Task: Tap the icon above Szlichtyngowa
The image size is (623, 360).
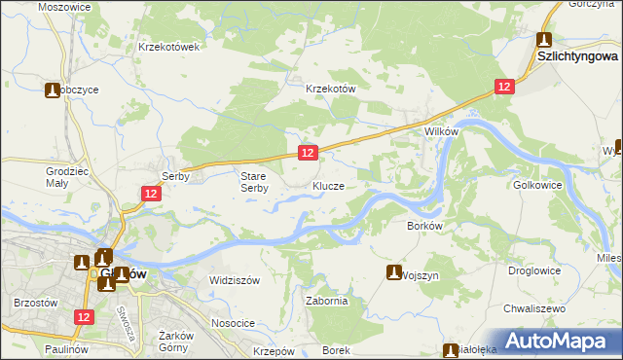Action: (x=544, y=41)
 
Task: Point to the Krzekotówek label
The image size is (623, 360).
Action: (x=169, y=47)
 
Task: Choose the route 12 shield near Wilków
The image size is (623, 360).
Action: (x=502, y=87)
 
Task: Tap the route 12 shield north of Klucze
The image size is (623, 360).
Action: (x=307, y=153)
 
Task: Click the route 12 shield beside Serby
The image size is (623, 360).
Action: (x=151, y=195)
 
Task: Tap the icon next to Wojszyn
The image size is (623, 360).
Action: (x=394, y=271)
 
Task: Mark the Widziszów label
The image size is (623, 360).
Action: (x=235, y=280)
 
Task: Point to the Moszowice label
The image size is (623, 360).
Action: (x=64, y=6)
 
